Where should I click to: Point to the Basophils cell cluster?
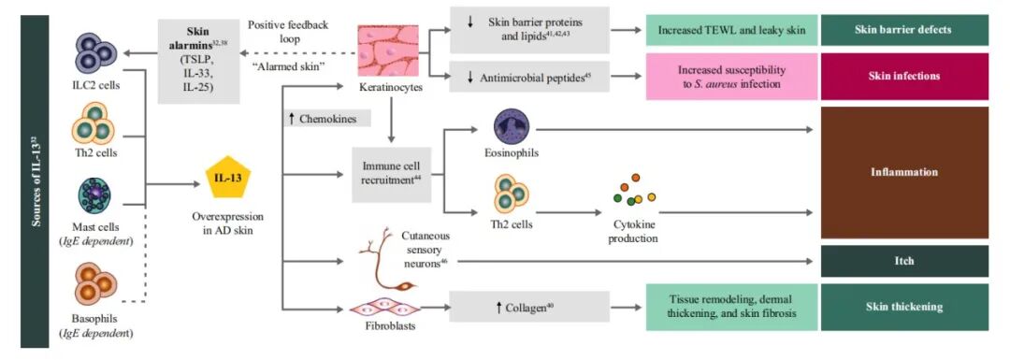coord(95,283)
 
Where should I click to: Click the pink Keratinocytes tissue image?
coord(388,51)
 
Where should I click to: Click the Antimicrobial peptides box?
coord(529,78)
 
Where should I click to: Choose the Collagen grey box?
coord(529,307)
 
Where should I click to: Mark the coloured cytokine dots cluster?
coord(632,191)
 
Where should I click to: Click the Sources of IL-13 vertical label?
coord(36,180)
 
